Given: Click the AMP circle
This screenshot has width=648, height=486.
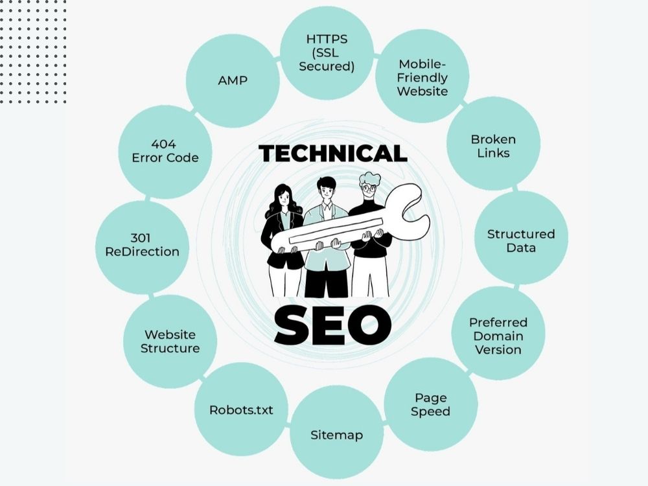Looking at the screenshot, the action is (x=233, y=80).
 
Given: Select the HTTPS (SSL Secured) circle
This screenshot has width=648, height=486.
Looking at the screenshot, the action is (x=327, y=52).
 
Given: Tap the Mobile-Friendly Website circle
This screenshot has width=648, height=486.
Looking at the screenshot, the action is (x=422, y=76).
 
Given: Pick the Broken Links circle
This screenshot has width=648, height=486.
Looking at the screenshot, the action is (x=493, y=144).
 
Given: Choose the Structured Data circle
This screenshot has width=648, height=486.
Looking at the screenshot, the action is (x=521, y=238).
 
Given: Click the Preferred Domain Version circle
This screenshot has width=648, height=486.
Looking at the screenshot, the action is (x=498, y=333).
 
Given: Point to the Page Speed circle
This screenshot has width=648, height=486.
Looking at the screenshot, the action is (x=431, y=404).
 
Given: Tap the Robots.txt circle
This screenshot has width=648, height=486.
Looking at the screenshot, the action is (x=241, y=409).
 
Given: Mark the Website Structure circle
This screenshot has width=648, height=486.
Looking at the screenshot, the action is (x=170, y=341).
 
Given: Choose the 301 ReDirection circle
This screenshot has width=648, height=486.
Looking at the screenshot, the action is (x=142, y=247).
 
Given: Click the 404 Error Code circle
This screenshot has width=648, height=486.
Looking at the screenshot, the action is (x=165, y=152).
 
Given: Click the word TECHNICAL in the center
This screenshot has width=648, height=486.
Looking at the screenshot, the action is (x=333, y=154).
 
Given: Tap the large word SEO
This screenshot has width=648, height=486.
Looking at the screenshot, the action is (x=333, y=325).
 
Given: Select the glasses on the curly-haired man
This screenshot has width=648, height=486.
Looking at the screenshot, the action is (x=369, y=189).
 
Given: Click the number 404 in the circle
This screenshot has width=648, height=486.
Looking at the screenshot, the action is (x=164, y=145).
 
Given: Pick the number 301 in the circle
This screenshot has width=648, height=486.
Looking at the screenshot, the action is (x=141, y=238).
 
